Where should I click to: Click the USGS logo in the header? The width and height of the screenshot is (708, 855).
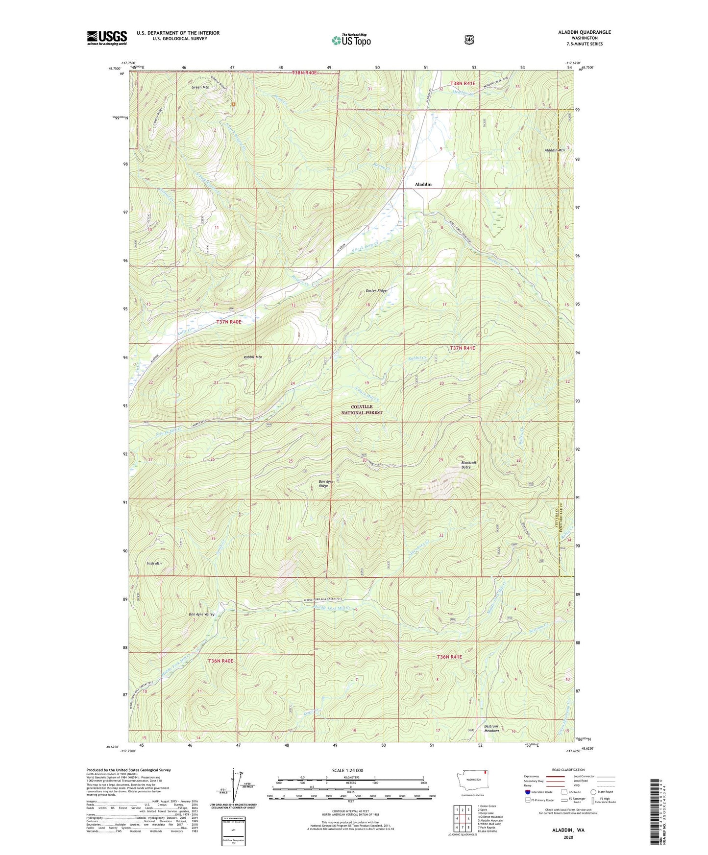click(107, 38)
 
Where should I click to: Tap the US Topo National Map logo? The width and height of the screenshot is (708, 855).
click(351, 40)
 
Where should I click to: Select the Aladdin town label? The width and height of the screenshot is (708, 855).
click(423, 184)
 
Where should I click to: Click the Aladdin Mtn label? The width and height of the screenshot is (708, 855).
click(555, 150)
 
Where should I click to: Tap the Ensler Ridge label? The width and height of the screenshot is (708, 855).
click(376, 291)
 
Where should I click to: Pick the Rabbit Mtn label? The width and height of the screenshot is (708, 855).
click(253, 357)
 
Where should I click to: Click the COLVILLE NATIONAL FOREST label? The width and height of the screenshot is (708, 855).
click(362, 409)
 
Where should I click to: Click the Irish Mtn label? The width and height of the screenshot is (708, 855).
click(154, 563)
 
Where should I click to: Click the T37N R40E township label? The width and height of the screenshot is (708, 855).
click(229, 322)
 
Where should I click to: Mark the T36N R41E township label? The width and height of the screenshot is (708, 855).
click(449, 657)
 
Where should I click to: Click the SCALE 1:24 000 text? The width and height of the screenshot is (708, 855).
click(347, 770)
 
